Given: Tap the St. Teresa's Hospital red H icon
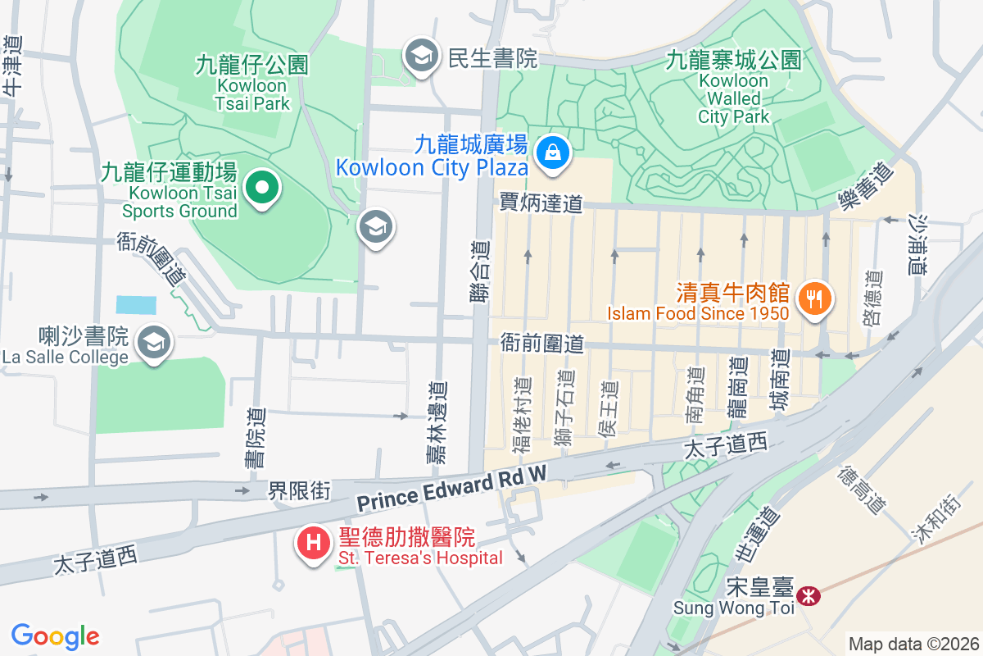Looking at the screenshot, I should (313, 543).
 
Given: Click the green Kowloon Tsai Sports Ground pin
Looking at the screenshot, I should (261, 189).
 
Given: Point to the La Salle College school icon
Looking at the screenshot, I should (153, 343).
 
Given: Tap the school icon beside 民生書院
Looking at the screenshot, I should (422, 56).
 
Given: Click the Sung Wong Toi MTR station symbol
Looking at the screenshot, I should (809, 595).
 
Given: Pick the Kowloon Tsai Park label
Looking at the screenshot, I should (251, 84).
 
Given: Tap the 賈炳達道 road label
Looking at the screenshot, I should (541, 203).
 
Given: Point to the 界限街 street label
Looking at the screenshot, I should (300, 491).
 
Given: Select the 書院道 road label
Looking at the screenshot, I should (255, 439).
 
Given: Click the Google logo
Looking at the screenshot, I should (56, 635).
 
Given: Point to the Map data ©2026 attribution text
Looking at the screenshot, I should (913, 644).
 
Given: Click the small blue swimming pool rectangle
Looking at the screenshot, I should (134, 305).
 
